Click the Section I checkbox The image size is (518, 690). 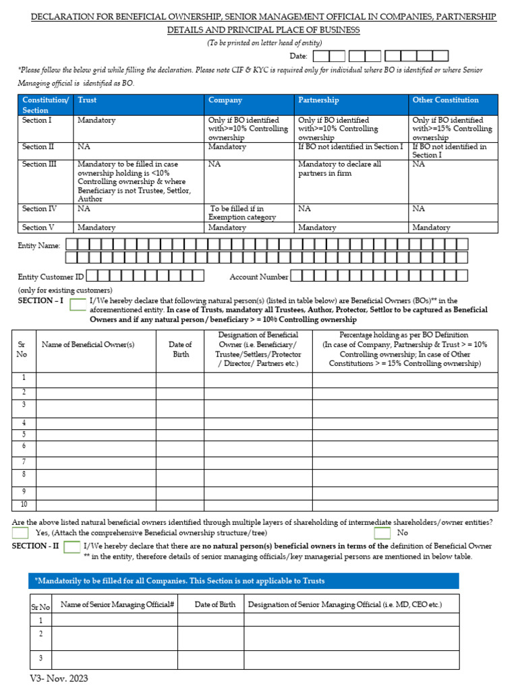78,304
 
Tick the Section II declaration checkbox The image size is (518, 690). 72,547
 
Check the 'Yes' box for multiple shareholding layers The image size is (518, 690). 20,533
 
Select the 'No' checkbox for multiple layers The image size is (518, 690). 382,533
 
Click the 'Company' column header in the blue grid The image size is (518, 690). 225,100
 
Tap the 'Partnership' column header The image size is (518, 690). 318,100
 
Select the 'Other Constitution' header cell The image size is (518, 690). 445,100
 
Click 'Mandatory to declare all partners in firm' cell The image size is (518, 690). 340,168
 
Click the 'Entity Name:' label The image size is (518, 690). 39,246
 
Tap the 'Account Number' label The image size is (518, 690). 259,276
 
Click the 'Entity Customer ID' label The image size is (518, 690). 51,276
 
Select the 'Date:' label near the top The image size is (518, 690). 298,57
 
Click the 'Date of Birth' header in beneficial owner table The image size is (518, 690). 180,349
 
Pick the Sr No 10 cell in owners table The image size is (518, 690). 24,504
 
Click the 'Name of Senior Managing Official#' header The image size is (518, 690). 117,604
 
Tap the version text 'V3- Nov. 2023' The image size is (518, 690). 59,679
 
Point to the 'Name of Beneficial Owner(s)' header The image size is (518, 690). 88,344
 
